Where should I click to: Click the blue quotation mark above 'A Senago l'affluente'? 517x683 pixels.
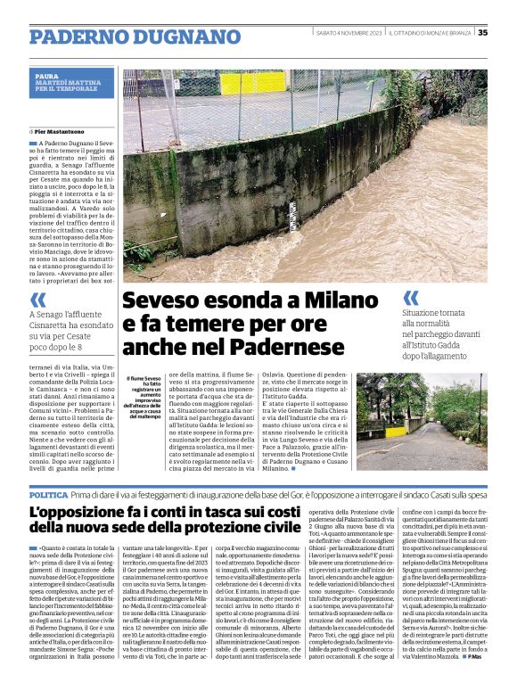pyautogui.click(x=37, y=299)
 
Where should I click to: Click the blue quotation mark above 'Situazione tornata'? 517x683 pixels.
pyautogui.click(x=411, y=297)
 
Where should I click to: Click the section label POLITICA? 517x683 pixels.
pyautogui.click(x=48, y=494)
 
